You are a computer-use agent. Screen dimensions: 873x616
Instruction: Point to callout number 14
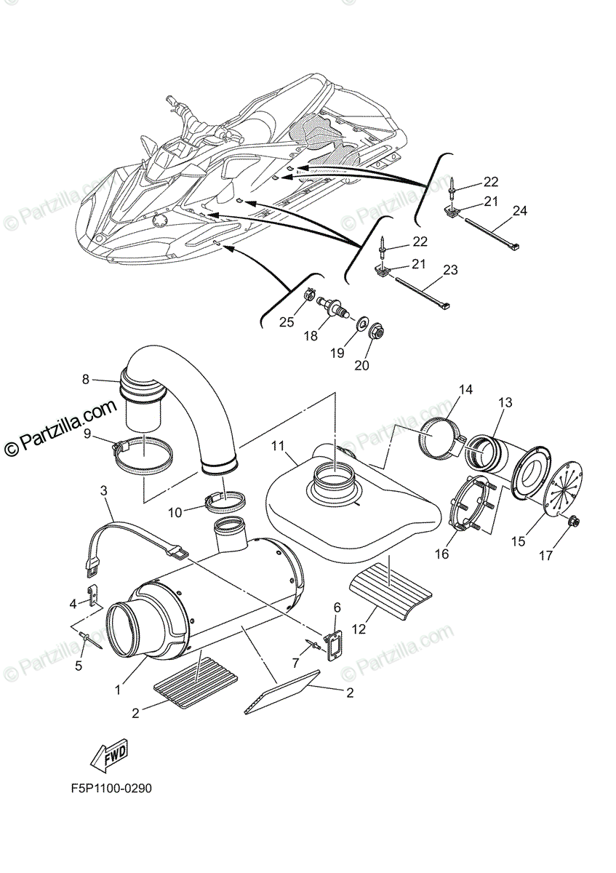pyautogui.click(x=465, y=390)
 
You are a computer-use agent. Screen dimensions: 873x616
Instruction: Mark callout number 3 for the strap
pyautogui.click(x=104, y=492)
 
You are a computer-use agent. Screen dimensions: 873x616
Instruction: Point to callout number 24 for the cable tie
pyautogui.click(x=519, y=210)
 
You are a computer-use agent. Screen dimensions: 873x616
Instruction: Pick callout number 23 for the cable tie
pyautogui.click(x=450, y=270)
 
